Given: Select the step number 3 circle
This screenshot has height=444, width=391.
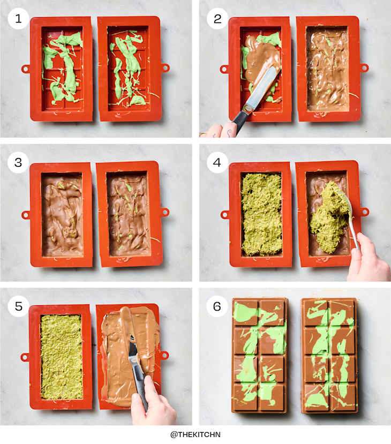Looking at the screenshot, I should [18, 162].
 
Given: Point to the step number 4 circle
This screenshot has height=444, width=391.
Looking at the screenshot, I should [217, 162].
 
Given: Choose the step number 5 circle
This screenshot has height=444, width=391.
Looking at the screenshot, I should [18, 306].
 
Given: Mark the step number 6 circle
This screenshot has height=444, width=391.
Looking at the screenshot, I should [217, 306].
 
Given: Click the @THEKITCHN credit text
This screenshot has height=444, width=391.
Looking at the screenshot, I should [195, 434].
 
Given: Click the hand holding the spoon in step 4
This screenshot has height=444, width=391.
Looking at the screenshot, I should [369, 260].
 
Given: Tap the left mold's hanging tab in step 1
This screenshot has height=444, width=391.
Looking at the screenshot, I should [25, 69].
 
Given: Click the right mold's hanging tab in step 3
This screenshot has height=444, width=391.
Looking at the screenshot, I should [165, 212].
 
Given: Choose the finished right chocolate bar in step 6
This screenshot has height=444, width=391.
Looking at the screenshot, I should [329, 355].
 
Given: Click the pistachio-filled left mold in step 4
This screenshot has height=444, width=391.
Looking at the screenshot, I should [261, 214].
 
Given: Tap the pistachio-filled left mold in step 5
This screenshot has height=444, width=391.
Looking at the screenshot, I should [62, 356].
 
